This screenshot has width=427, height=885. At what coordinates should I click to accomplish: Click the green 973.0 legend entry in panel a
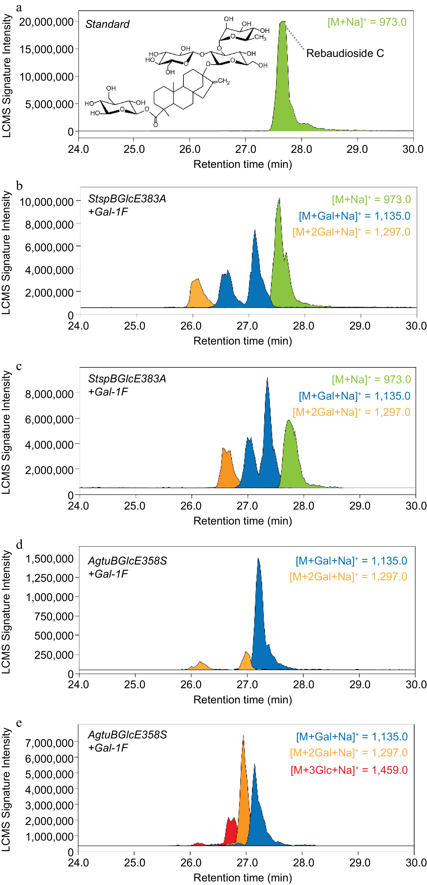point(367,22)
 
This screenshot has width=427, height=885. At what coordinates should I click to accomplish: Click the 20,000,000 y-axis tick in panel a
point(46,22)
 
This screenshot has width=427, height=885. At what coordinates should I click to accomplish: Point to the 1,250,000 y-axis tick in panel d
point(50,578)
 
